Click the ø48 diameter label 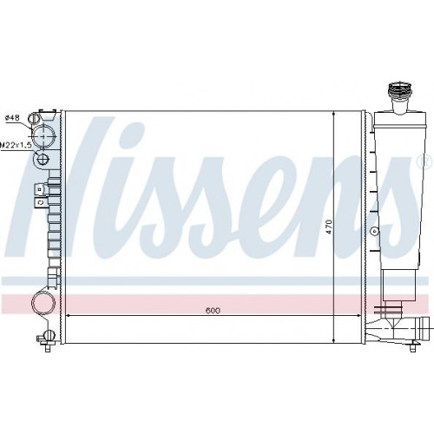pyautogui.click(x=12, y=118)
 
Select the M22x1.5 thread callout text pyautogui.click(x=16, y=145)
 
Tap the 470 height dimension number pyautogui.click(x=330, y=227)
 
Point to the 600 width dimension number pyautogui.click(x=213, y=311)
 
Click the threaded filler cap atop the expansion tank pyautogui.click(x=400, y=91)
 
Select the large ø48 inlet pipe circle pyautogui.click(x=43, y=136)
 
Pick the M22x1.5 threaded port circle pyautogui.click(x=43, y=159)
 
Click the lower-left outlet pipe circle pyautogui.click(x=43, y=303)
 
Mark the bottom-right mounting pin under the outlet pyautogui.click(x=412, y=345)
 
